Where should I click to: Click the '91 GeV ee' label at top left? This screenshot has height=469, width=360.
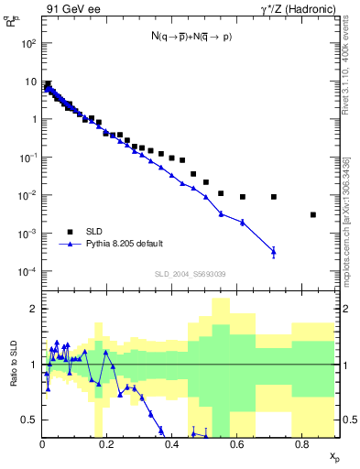[x=70, y=8]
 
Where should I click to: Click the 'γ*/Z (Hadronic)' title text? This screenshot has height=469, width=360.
[x=294, y=8]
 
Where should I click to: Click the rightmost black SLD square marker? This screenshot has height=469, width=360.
[x=313, y=215]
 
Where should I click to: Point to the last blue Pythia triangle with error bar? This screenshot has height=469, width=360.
[x=274, y=250]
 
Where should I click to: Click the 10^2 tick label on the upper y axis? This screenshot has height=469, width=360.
[x=27, y=43]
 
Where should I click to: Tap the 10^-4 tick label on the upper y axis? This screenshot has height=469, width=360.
[x=27, y=272]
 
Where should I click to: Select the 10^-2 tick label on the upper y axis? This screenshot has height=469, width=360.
[x=27, y=196]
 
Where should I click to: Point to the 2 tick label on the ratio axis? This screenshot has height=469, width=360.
[x=34, y=309]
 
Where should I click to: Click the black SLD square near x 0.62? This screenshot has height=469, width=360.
[x=243, y=197]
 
